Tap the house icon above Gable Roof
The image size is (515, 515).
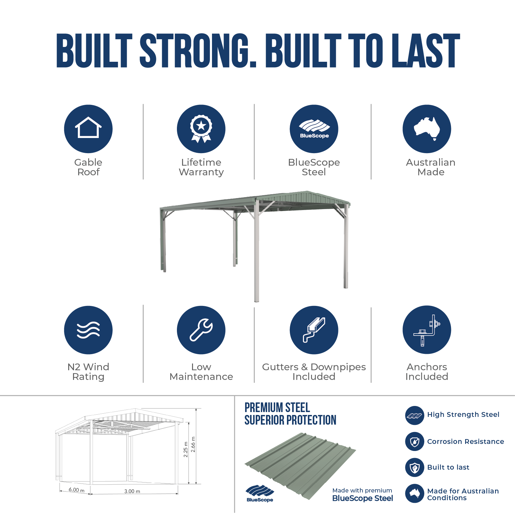pyautogui.click(x=88, y=127)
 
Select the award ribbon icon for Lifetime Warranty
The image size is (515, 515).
pyautogui.click(x=201, y=129)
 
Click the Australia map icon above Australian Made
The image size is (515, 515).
pyautogui.click(x=427, y=129)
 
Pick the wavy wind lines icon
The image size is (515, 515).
pyautogui.click(x=88, y=330)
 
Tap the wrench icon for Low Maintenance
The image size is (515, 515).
pyautogui.click(x=201, y=330)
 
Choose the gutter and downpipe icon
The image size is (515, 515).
pyautogui.click(x=314, y=330)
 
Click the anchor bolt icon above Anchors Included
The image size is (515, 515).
pyautogui.click(x=427, y=330)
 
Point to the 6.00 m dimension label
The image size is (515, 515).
pyautogui.click(x=77, y=490)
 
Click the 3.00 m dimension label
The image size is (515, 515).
pyautogui.click(x=132, y=491)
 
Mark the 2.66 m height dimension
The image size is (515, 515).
pyautogui.click(x=193, y=444)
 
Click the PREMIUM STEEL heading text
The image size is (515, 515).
pyautogui.click(x=277, y=408)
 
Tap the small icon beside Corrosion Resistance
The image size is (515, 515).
pyautogui.click(x=415, y=442)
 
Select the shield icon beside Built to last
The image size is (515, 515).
pyautogui.click(x=415, y=467)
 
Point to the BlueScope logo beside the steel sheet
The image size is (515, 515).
pyautogui.click(x=260, y=493)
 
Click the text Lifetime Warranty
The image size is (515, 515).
pyautogui.click(x=201, y=167)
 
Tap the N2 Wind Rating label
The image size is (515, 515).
pyautogui.click(x=88, y=372)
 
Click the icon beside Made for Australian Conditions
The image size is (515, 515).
pyautogui.click(x=415, y=493)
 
